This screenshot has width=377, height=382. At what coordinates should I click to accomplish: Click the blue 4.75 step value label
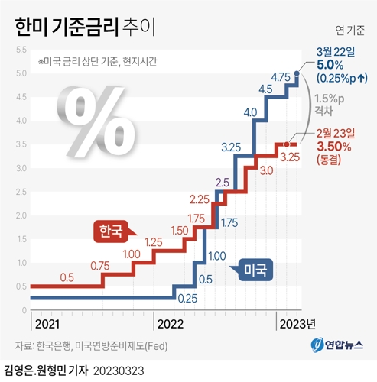coord(283,77)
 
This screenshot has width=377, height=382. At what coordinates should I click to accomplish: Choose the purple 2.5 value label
coord(223,182)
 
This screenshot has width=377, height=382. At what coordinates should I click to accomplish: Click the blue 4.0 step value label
coord(250,112)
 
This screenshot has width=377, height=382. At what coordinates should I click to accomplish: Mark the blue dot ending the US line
coord(297,74)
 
